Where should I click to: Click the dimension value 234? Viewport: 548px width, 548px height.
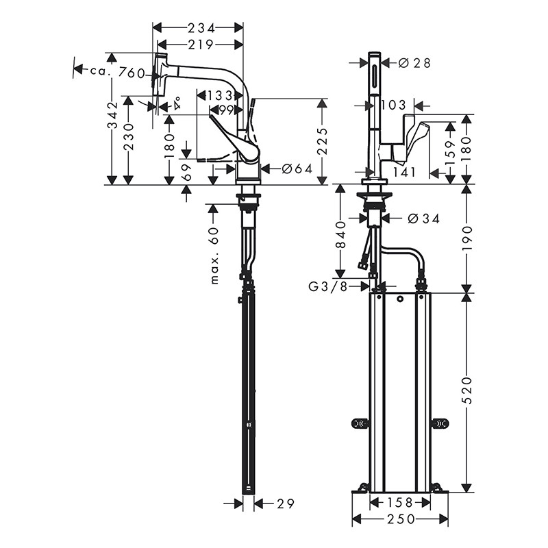[x=198, y=27]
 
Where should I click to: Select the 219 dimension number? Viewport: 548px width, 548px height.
[x=198, y=45]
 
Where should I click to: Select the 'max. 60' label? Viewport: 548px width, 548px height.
[x=214, y=256]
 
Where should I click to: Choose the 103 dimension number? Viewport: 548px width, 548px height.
[x=393, y=105]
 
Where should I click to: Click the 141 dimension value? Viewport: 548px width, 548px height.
[x=405, y=172]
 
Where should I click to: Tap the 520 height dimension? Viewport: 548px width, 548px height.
[x=466, y=391]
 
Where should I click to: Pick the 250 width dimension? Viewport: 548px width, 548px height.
[x=400, y=519]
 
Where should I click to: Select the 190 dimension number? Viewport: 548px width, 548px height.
[x=466, y=238]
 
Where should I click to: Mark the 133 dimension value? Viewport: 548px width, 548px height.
[x=220, y=96]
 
